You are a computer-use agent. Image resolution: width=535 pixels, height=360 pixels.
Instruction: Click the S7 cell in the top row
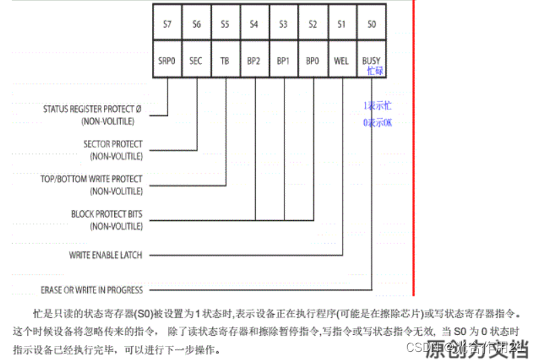tap(168, 24)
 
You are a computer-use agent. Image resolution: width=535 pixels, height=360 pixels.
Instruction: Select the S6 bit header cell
tap(197, 24)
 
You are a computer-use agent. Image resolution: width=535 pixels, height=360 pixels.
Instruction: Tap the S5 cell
tap(225, 24)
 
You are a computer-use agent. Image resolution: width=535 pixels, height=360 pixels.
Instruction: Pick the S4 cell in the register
tap(254, 24)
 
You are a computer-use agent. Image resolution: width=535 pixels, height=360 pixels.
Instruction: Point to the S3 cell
tap(283, 24)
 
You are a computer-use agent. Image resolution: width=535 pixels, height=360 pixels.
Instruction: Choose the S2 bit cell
tap(312, 24)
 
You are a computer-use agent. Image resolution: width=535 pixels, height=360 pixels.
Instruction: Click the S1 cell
tap(341, 24)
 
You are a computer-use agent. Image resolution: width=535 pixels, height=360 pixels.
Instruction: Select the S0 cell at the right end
tap(371, 24)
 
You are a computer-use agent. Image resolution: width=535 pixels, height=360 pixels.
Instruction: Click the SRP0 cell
tap(168, 61)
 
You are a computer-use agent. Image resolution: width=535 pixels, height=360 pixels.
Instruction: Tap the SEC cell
tap(197, 61)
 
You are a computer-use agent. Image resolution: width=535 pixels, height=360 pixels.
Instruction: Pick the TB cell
tap(225, 61)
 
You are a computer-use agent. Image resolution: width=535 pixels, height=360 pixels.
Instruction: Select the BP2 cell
tap(254, 61)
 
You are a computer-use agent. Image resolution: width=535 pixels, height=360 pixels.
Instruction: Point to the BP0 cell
tap(312, 61)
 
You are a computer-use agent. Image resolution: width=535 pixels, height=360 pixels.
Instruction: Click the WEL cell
tap(341, 61)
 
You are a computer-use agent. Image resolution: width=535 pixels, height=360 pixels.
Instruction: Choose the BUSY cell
tap(371, 61)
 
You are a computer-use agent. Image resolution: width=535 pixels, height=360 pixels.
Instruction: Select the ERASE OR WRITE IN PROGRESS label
tap(91, 290)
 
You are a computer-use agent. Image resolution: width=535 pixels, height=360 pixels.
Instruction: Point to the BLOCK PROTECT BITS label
tap(107, 214)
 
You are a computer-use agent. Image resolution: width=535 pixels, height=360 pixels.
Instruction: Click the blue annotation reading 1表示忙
tap(377, 106)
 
